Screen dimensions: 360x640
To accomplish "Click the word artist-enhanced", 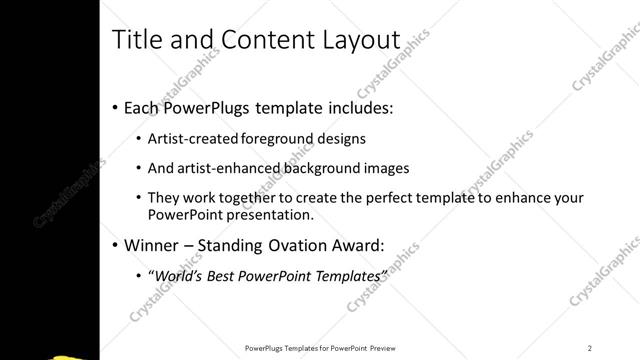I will [218, 168].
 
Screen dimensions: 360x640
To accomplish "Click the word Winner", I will [153, 244].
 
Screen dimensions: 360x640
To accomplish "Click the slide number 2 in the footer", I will [590, 347].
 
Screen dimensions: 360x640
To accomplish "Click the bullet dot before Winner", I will [115, 245].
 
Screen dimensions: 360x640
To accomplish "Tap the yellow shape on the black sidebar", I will [76, 355].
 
